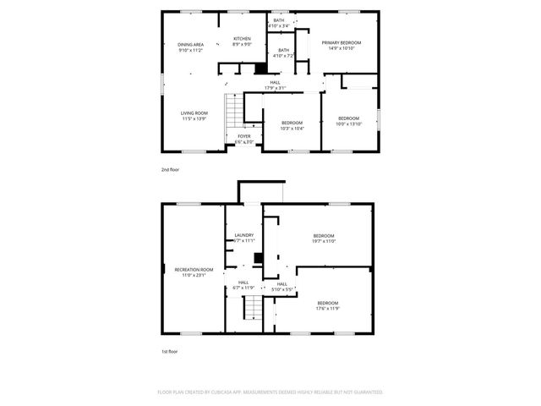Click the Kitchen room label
point(243,41)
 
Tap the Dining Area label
point(190,47)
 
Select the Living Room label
point(194,116)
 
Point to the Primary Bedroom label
point(341,45)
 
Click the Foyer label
point(243,139)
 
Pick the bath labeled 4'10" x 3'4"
point(279,23)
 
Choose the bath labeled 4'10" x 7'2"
point(283,53)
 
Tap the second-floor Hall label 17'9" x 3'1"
point(276,85)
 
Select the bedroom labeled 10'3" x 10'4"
point(292,126)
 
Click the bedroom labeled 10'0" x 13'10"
point(349,121)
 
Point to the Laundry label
point(244,238)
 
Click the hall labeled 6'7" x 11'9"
point(243,285)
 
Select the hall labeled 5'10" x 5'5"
point(282,287)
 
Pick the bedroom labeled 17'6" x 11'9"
point(328,305)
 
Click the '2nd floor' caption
point(170,169)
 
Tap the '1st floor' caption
point(170,351)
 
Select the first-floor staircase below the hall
point(253,308)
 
